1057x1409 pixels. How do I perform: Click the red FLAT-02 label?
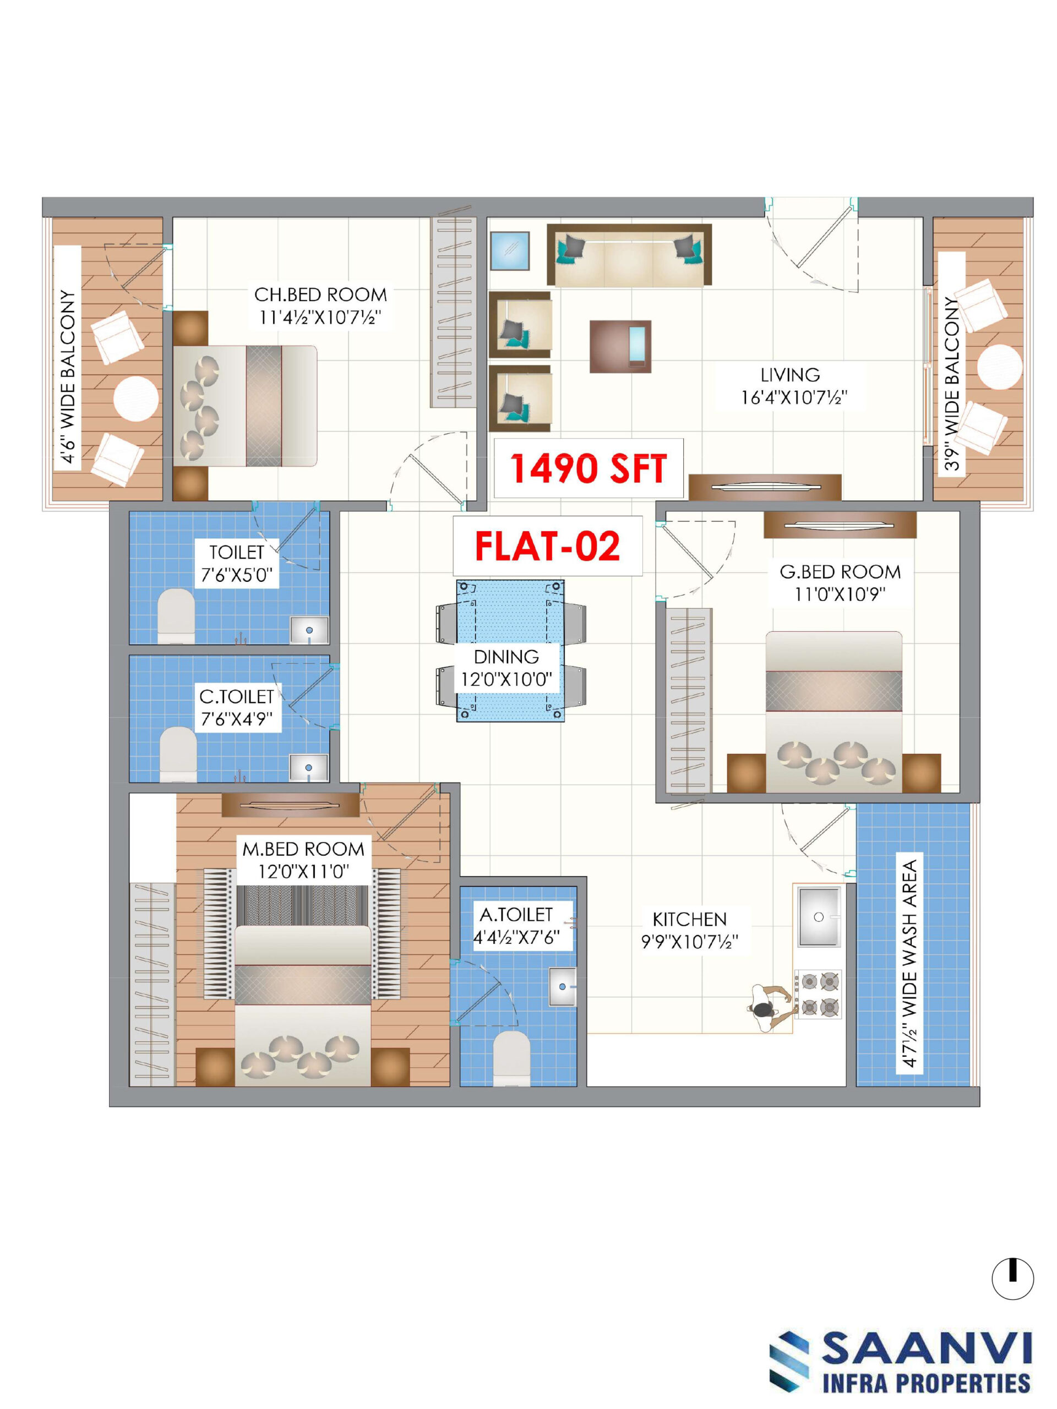pyautogui.click(x=547, y=546)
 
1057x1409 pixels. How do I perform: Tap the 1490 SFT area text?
pyautogui.click(x=588, y=468)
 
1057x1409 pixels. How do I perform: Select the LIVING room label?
pyautogui.click(x=790, y=375)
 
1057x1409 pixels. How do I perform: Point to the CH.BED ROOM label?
pyautogui.click(x=320, y=295)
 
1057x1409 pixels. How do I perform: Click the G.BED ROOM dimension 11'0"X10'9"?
pyautogui.click(x=840, y=594)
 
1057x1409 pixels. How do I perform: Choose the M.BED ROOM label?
pyautogui.click(x=303, y=849)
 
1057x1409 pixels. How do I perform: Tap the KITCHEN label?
pyautogui.click(x=689, y=919)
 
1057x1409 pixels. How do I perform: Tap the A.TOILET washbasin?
pyautogui.click(x=563, y=987)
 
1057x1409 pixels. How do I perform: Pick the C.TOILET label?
pyautogui.click(x=236, y=697)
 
